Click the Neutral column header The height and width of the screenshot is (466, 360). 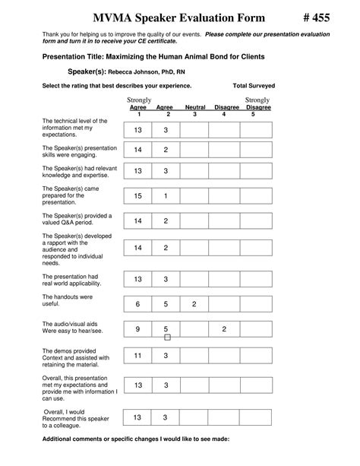(x=195, y=108)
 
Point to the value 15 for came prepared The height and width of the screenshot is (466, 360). (x=137, y=195)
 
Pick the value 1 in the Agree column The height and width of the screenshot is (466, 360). (x=166, y=195)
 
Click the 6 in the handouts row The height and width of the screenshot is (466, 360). (x=137, y=304)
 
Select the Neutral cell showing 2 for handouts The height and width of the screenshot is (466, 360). (x=194, y=304)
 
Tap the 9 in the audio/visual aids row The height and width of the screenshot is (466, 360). (x=137, y=329)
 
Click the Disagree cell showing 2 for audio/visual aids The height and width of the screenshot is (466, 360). (x=224, y=329)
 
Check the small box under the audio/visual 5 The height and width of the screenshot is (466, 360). (x=167, y=338)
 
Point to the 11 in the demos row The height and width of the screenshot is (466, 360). (x=137, y=355)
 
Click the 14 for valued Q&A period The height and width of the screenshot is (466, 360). (x=137, y=220)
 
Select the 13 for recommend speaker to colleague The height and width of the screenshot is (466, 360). (x=137, y=417)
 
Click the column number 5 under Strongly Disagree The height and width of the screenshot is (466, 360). (x=254, y=115)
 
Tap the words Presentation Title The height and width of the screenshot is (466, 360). (x=72, y=56)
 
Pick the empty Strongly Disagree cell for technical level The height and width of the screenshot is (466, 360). (x=254, y=131)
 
